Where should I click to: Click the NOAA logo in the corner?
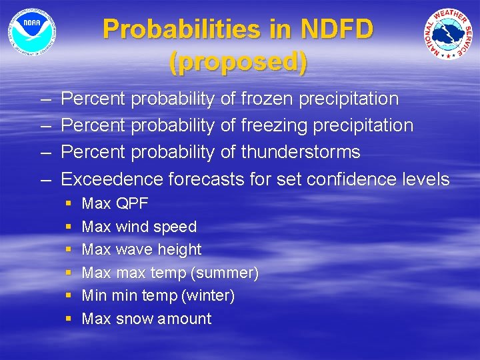[x=31, y=31]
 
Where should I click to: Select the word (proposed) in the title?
[x=239, y=61]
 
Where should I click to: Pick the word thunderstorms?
[x=300, y=152]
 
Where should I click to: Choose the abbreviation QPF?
[x=132, y=203]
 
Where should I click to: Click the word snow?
[x=134, y=319]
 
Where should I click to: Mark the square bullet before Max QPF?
[x=68, y=203]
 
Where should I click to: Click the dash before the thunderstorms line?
[x=44, y=152]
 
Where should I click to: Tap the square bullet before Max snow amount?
[x=68, y=319]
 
